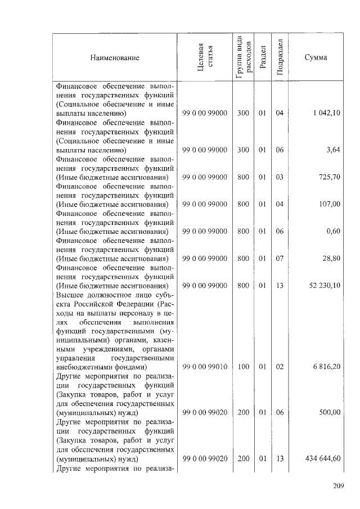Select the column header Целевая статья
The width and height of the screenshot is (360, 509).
click(x=205, y=58)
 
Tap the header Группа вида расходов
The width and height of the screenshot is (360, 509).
click(x=243, y=58)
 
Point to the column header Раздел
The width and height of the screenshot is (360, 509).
click(x=262, y=58)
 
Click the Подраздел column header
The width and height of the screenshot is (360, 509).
click(x=280, y=58)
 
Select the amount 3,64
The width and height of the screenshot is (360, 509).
click(x=334, y=150)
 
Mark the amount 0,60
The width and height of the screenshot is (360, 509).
click(x=334, y=231)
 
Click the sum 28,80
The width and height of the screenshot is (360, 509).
click(x=332, y=258)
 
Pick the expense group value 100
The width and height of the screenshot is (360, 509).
click(x=243, y=367)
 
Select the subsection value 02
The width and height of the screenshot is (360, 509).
click(x=279, y=367)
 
